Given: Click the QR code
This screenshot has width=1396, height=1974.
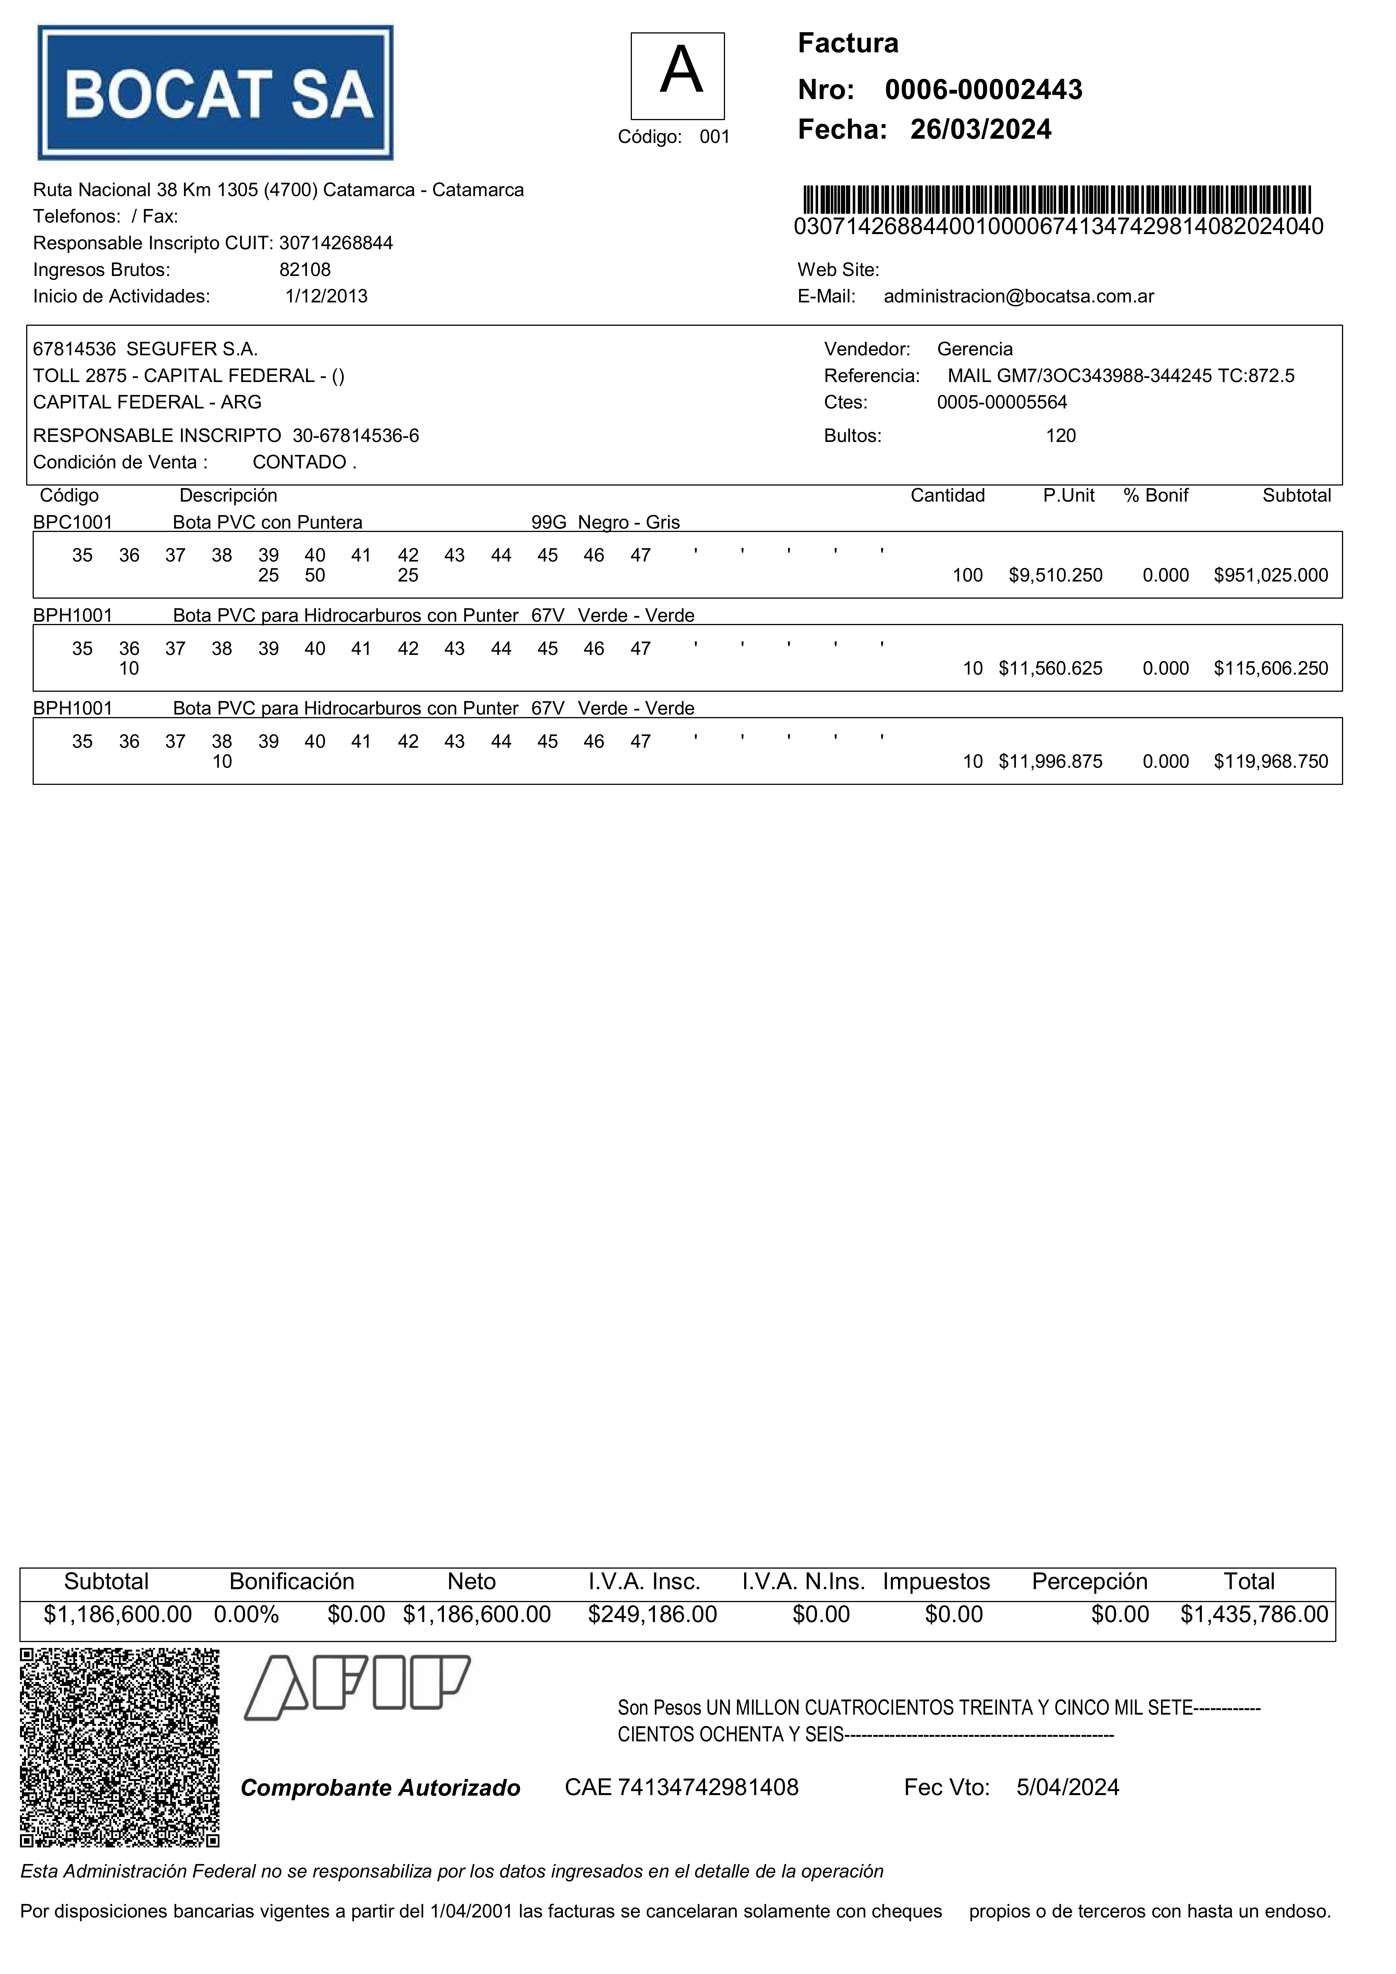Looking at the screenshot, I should [120, 1748].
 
